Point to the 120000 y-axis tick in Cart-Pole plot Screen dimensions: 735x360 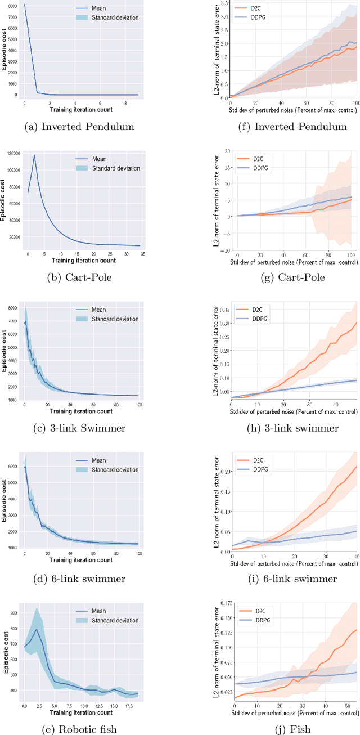pos(12,153)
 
